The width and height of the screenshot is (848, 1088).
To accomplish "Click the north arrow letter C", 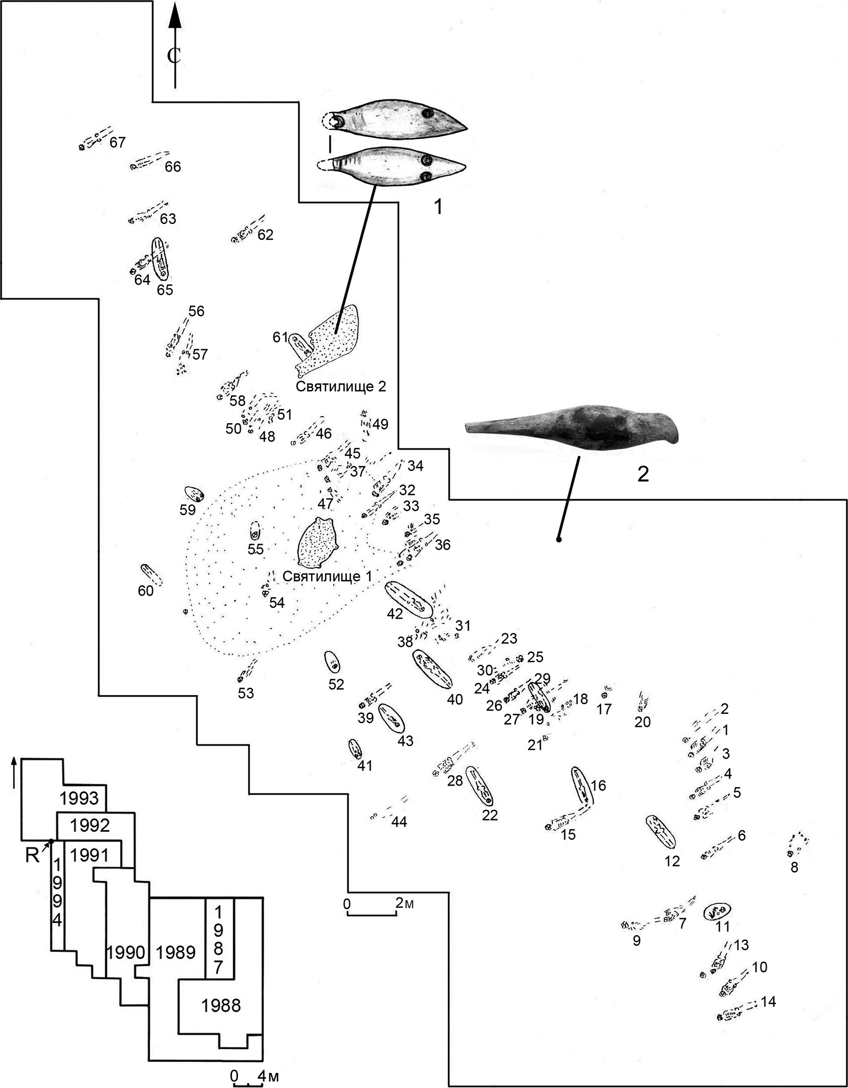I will point(173,55).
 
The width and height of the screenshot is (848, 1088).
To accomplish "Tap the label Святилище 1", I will point(327,577).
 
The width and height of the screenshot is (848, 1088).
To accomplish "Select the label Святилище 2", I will point(341,387).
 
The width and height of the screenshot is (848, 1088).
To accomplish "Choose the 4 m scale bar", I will point(247,1076).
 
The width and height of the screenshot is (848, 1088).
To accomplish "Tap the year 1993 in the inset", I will point(79,798).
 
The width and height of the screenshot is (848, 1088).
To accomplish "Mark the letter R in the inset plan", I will point(32,855).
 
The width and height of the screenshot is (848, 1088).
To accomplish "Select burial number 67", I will point(117,143).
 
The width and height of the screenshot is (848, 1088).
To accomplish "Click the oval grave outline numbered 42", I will point(408,600).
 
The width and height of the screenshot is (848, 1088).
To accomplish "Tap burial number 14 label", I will point(768,1002).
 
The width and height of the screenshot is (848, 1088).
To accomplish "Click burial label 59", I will point(187,509).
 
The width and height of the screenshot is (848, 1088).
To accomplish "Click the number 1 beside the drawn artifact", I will point(438,206).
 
